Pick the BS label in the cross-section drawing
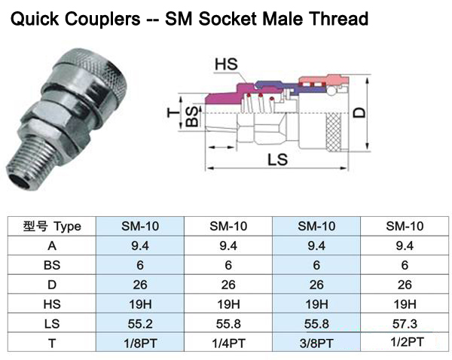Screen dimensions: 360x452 [x=193, y=119]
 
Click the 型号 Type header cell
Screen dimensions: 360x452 [x=52, y=226]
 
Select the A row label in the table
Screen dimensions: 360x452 [x=52, y=246]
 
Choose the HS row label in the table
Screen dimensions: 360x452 [x=52, y=304]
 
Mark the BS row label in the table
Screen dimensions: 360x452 [x=52, y=265]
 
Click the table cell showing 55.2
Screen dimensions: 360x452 [x=139, y=324]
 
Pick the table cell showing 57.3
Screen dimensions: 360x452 [x=405, y=324]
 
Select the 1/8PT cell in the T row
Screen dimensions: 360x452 [x=139, y=343]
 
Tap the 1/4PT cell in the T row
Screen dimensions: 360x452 [x=228, y=343]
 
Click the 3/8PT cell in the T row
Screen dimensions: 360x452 [x=316, y=343]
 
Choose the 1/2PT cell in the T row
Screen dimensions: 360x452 [x=405, y=343]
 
